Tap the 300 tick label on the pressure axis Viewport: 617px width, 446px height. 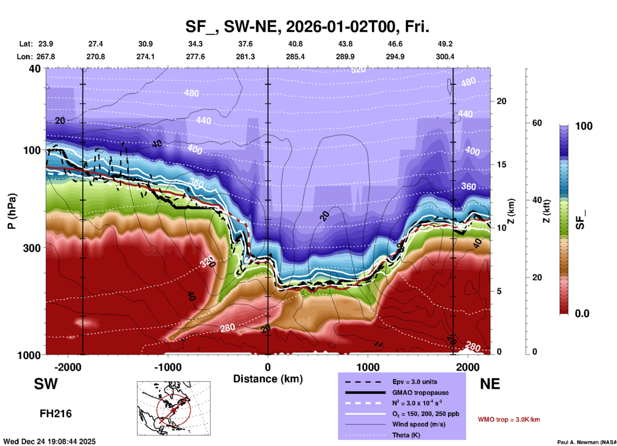click(32, 248)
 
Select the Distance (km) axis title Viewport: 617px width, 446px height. click(268, 379)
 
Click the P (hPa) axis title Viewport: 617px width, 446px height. click(12, 211)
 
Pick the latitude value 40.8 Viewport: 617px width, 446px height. click(295, 44)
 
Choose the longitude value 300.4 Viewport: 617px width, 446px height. click(445, 57)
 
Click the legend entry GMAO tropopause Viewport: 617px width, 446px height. click(420, 393)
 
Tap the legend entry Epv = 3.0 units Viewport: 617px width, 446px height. click(415, 382)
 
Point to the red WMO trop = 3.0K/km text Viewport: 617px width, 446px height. click(509, 419)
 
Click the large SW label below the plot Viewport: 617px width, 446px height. click(46, 384)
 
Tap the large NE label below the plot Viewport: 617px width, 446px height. click(490, 384)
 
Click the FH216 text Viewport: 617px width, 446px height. click(56, 414)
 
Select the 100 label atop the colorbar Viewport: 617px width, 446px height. click(584, 126)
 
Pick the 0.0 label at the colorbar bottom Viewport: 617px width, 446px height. click(582, 314)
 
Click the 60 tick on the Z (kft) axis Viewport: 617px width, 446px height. click(537, 123)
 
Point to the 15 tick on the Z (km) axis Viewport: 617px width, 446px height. click(501, 164)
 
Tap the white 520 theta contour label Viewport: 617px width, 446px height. click(358, 70)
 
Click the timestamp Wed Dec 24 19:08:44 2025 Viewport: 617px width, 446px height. click(49, 442)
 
